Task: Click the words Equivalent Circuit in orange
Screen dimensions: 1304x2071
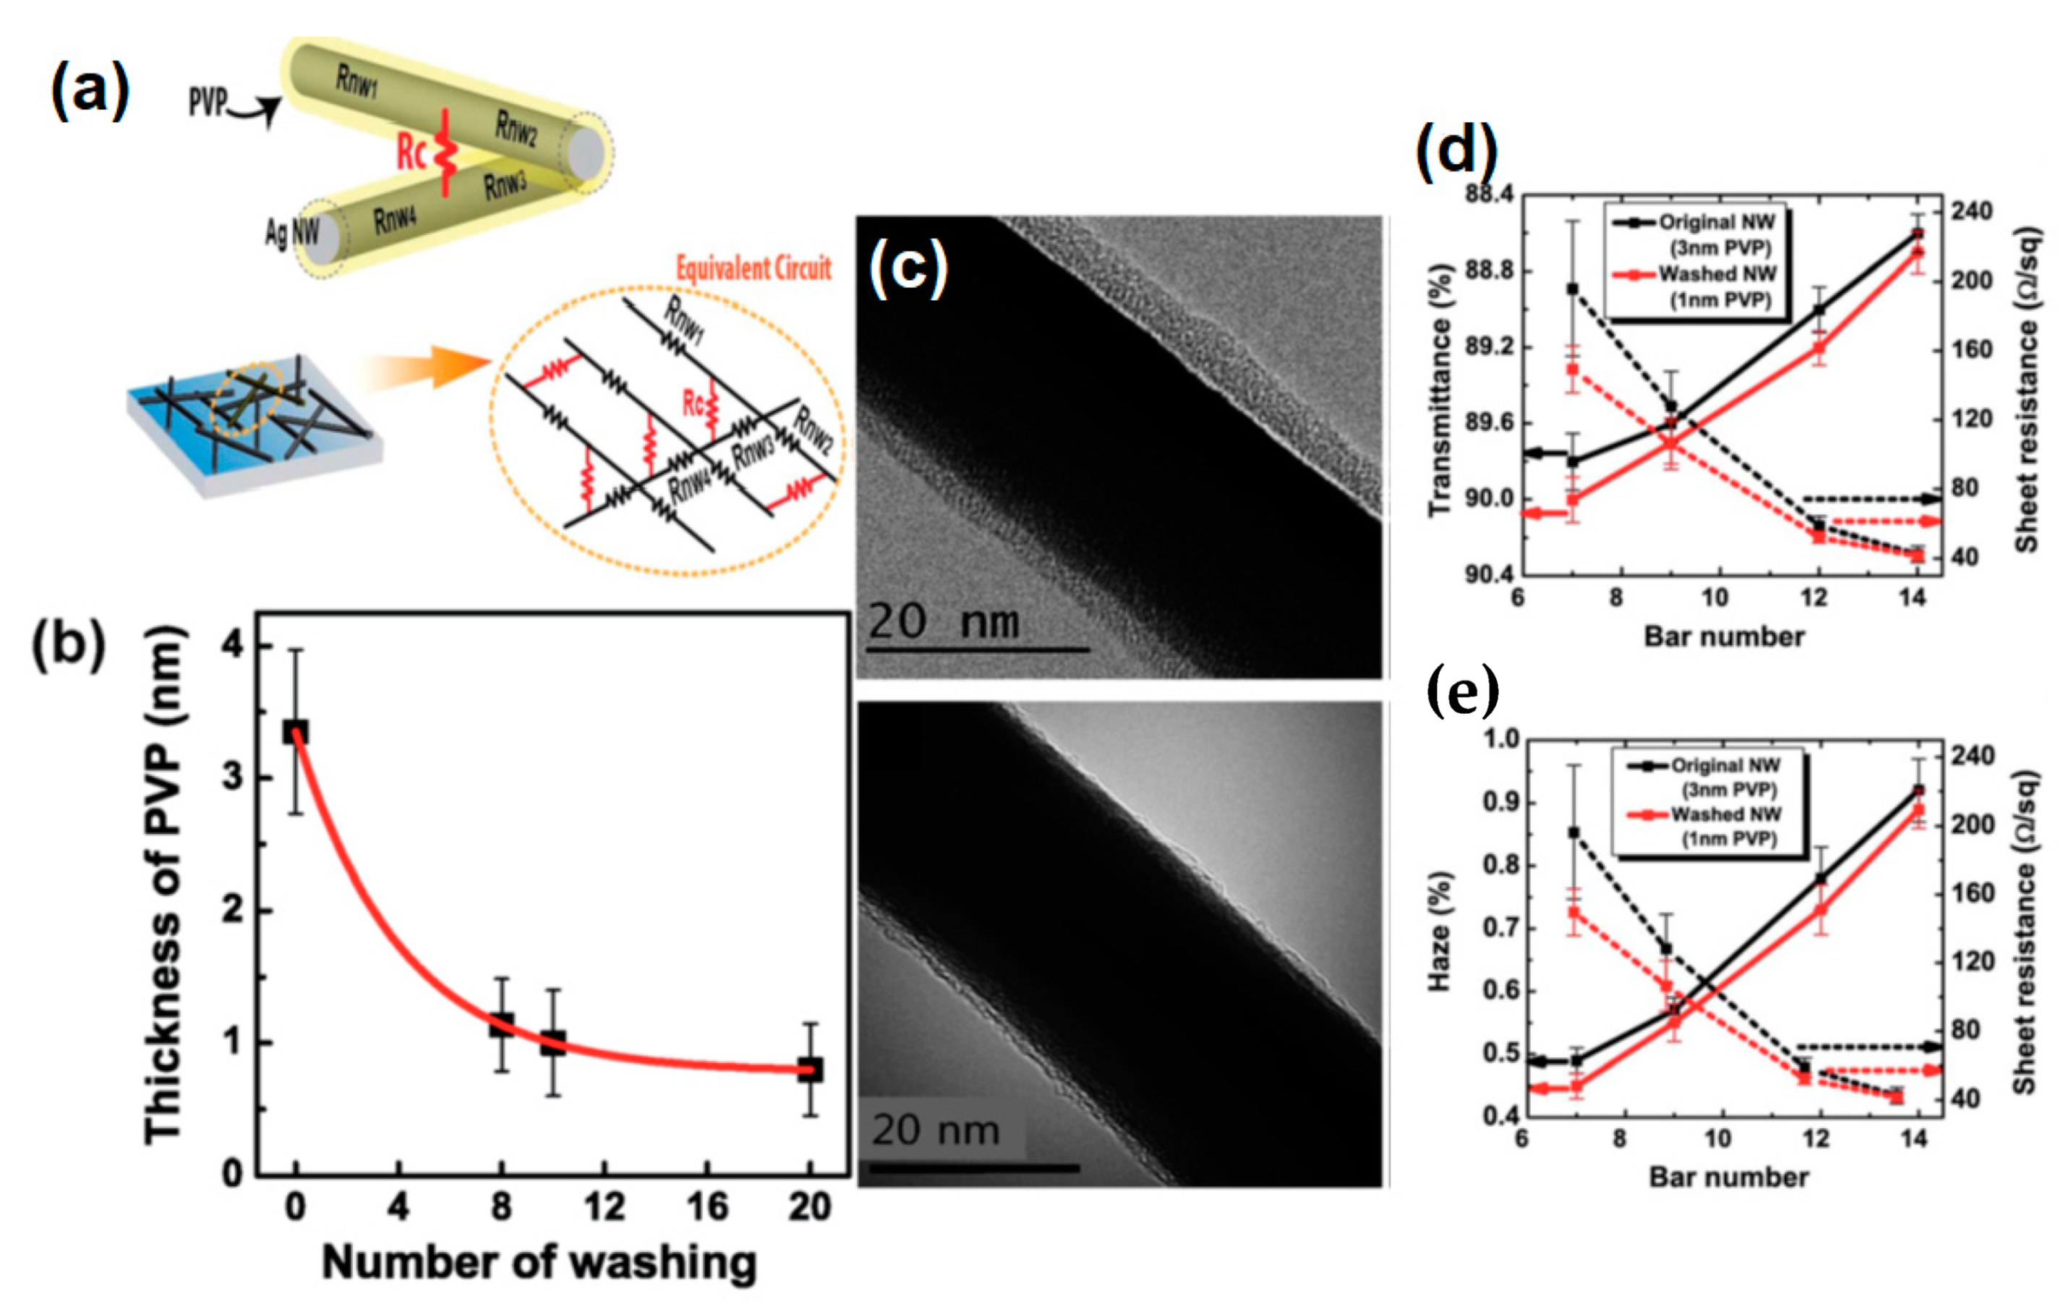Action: click(753, 268)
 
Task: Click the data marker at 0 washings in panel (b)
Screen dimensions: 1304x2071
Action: click(295, 732)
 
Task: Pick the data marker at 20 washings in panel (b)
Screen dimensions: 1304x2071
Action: click(809, 1070)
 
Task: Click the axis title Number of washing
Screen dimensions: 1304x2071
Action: click(539, 1263)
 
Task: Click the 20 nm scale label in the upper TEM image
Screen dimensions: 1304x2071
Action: click(943, 621)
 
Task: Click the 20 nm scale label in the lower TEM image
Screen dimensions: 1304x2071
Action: click(936, 1130)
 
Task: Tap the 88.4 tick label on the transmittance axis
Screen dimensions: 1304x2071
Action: click(1490, 194)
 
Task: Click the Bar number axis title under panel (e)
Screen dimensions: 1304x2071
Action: click(1729, 1177)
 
